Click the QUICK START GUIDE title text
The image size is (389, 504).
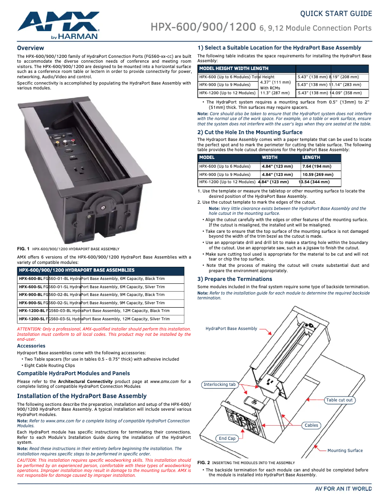tap(336, 13)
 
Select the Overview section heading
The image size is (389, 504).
tap(31, 48)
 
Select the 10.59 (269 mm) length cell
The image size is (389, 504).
tap(318, 174)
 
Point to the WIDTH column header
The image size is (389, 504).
tap(270, 157)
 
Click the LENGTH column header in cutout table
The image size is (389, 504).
tap(311, 157)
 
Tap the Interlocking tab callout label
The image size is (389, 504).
tap(220, 384)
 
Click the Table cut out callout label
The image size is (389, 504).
tap(340, 400)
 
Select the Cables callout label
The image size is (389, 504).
tap(311, 425)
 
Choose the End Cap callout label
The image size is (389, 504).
tap(227, 438)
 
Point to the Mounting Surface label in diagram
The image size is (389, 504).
tap(345, 451)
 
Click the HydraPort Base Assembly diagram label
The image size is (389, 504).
tap(231, 329)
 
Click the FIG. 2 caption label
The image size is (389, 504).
tap(204, 463)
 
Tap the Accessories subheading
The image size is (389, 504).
tap(31, 346)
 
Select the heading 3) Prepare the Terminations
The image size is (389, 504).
tap(235, 279)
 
